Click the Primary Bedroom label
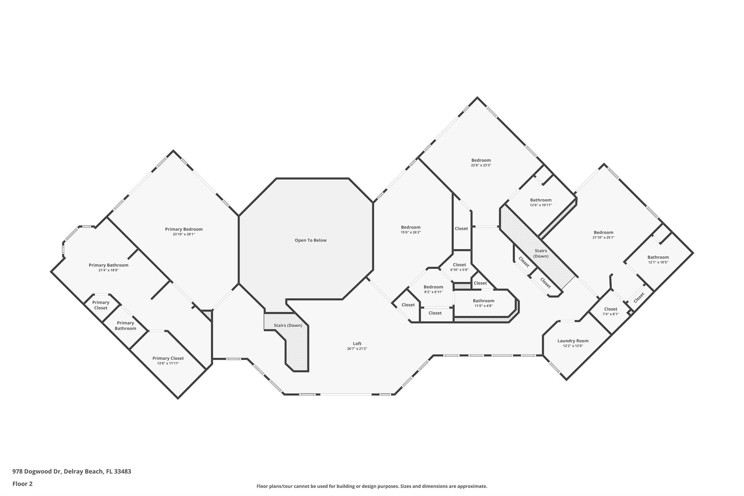point(184,229)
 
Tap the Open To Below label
point(311,240)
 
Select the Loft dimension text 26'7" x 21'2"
point(357,349)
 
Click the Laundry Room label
point(573,341)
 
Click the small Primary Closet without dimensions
point(101,305)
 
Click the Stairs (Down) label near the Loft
point(288,325)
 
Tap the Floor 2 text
point(23,484)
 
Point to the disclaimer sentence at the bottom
point(372,486)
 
